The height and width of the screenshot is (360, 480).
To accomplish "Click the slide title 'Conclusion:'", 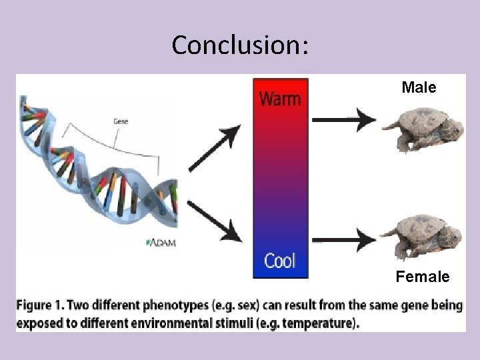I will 240,45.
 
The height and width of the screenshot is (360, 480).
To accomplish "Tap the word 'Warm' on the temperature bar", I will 280,99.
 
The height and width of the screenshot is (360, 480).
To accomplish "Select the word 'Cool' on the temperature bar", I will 280,260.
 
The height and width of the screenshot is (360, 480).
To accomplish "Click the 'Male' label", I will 419,87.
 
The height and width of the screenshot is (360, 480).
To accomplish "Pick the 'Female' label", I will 423,276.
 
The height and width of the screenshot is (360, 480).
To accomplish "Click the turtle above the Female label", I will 422,236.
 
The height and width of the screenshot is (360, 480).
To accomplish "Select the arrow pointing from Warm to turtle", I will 344,120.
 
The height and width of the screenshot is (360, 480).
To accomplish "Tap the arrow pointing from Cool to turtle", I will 344,239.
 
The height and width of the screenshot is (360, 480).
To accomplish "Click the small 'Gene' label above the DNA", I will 121,121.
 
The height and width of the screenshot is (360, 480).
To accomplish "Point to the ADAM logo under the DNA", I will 161,243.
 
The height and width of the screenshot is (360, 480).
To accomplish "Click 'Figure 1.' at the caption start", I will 39,305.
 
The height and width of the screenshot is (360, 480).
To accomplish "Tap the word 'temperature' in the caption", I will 322,324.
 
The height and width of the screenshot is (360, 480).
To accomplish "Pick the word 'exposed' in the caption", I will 37,324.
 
